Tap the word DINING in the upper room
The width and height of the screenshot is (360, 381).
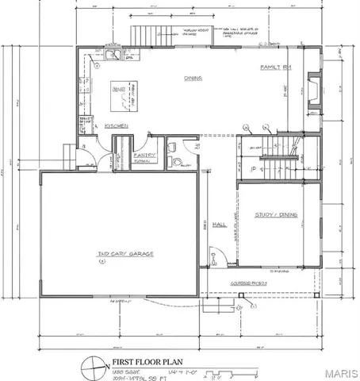pyautogui.click(x=192, y=78)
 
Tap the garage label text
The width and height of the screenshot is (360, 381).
pyautogui.click(x=124, y=254)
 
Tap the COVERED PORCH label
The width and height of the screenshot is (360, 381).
pyautogui.click(x=248, y=283)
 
